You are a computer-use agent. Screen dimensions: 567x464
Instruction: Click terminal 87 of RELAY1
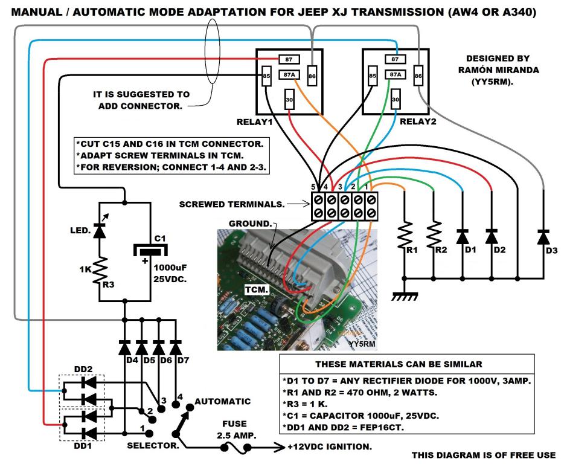coord(289,59)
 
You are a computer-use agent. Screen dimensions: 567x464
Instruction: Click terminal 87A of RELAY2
coord(396,74)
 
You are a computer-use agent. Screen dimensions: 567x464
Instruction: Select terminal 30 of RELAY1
coord(289,99)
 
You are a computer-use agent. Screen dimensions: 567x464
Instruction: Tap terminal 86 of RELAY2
coord(418,76)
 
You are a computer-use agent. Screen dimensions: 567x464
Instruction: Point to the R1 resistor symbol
coord(405,235)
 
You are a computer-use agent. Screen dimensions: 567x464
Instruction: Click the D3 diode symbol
coord(543,237)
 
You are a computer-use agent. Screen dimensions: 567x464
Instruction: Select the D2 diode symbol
coord(492,237)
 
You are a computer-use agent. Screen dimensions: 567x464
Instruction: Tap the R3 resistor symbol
coord(100,271)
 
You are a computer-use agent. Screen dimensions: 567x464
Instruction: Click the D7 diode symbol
coord(176,347)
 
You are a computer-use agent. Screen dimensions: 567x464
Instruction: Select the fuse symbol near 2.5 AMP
coord(235,448)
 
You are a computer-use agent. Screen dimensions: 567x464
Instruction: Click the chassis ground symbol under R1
coord(405,297)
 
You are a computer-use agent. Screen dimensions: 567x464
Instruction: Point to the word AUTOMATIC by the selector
coord(223,401)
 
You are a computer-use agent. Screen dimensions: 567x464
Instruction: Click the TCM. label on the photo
coord(257,289)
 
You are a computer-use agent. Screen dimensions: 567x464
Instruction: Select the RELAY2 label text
coord(418,121)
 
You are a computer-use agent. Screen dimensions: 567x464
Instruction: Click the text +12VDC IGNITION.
coord(330,446)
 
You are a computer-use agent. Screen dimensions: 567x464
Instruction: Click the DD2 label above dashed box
coord(83,369)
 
